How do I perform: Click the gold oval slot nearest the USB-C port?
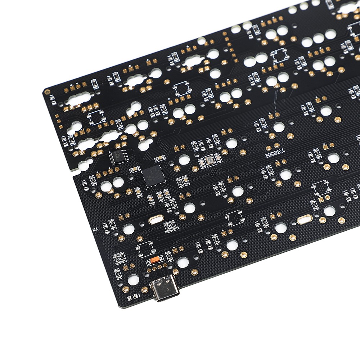click(155, 220)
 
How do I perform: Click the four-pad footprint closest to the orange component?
click(145, 248)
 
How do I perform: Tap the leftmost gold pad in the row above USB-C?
click(149, 269)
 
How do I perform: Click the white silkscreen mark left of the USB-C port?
click(136, 296)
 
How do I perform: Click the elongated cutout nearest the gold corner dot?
click(77, 100)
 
